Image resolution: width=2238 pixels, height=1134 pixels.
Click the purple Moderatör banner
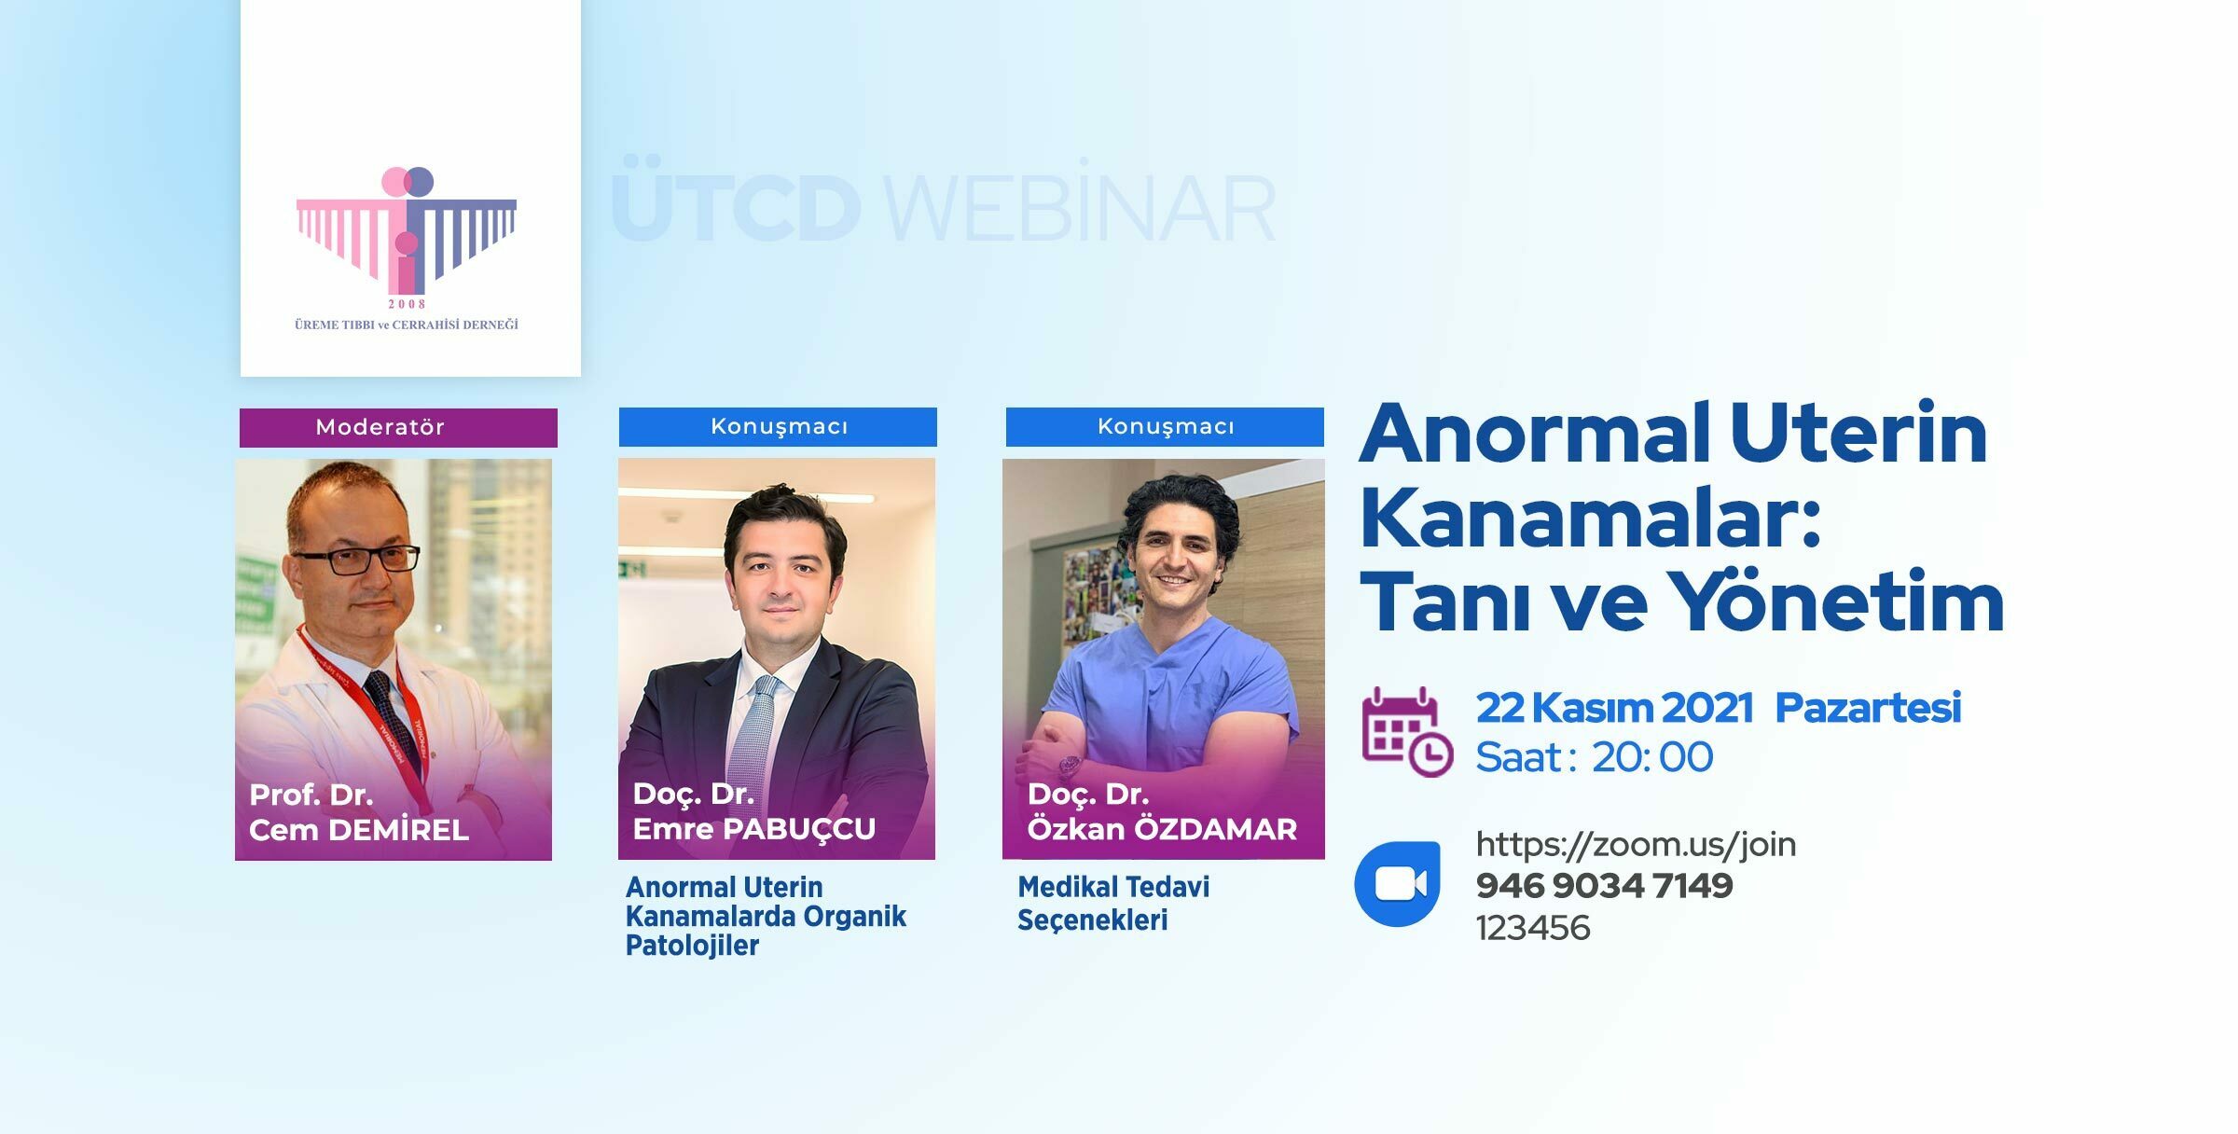pyautogui.click(x=398, y=428)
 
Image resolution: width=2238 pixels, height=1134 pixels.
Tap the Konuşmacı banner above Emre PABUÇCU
pyautogui.click(x=778, y=427)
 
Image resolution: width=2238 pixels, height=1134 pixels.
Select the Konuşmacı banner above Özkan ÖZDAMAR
pyautogui.click(x=1165, y=427)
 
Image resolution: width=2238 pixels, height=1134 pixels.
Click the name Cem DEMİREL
pyautogui.click(x=359, y=830)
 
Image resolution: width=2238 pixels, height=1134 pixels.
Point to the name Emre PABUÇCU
pyautogui.click(x=754, y=829)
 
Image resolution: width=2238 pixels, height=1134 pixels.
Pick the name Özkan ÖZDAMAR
pyautogui.click(x=1162, y=829)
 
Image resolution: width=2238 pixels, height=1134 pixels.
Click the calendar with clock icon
pyautogui.click(x=1406, y=732)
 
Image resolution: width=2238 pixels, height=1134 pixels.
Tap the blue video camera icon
pyautogui.click(x=1397, y=883)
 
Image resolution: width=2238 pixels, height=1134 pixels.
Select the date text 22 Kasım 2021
pyautogui.click(x=1614, y=709)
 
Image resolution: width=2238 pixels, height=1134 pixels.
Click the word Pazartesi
pyautogui.click(x=1868, y=709)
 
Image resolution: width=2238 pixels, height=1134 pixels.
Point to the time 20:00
pyautogui.click(x=1652, y=757)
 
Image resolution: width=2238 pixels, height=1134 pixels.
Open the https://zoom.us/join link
pyautogui.click(x=1636, y=845)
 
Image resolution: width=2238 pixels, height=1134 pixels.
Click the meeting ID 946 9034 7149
pyautogui.click(x=1604, y=886)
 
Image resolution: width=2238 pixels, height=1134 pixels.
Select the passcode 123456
pyautogui.click(x=1533, y=928)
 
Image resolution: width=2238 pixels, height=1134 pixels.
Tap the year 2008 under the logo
pyautogui.click(x=407, y=304)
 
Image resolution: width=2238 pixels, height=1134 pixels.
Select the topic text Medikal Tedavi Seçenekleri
pyautogui.click(x=1113, y=903)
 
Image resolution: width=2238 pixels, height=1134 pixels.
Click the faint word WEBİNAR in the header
pyautogui.click(x=1080, y=209)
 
